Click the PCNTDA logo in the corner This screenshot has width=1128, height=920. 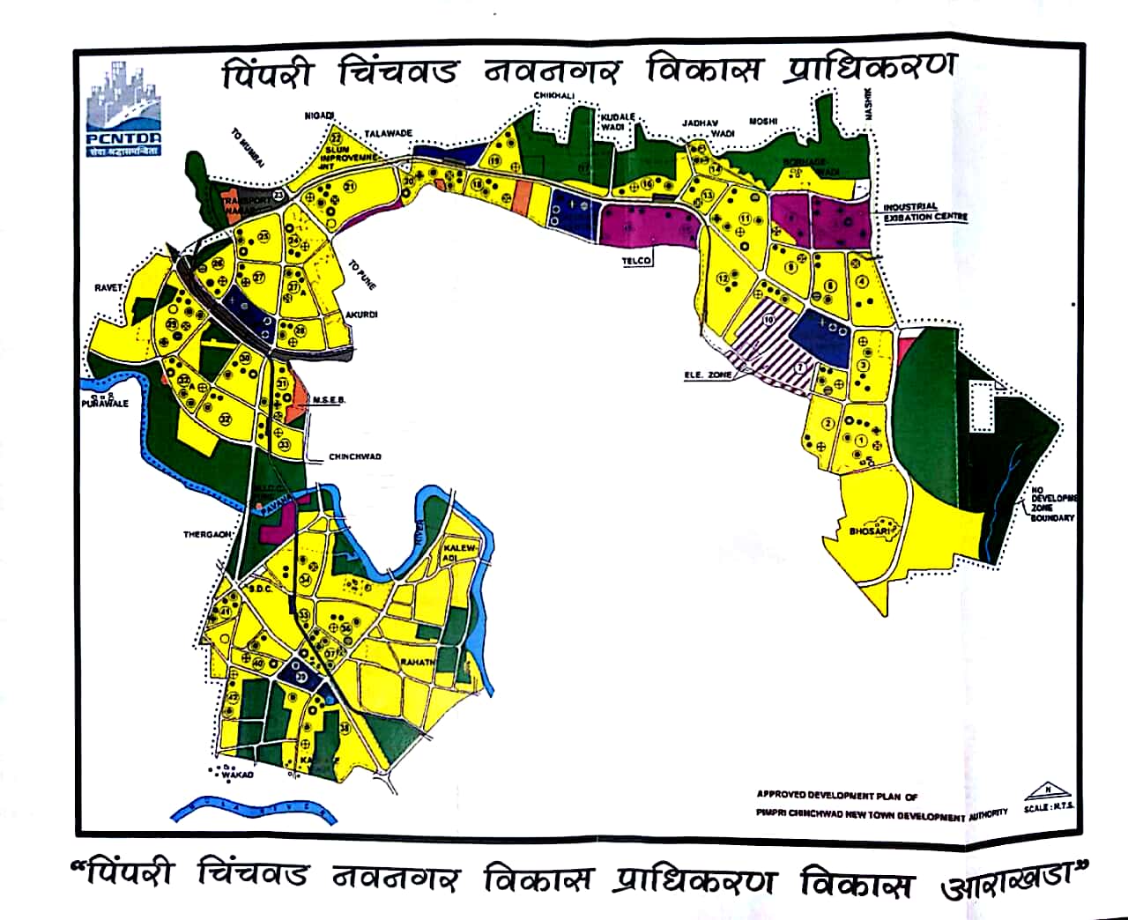click(x=124, y=109)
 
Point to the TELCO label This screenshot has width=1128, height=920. click(x=636, y=261)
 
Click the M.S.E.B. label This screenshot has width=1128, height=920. click(x=330, y=400)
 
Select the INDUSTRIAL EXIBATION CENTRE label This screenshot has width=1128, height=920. click(x=925, y=212)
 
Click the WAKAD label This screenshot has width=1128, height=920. click(x=237, y=775)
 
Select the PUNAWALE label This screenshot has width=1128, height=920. click(x=104, y=404)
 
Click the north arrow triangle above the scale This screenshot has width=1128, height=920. click(x=1048, y=790)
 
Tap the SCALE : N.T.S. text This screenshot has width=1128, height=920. click(x=1048, y=807)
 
